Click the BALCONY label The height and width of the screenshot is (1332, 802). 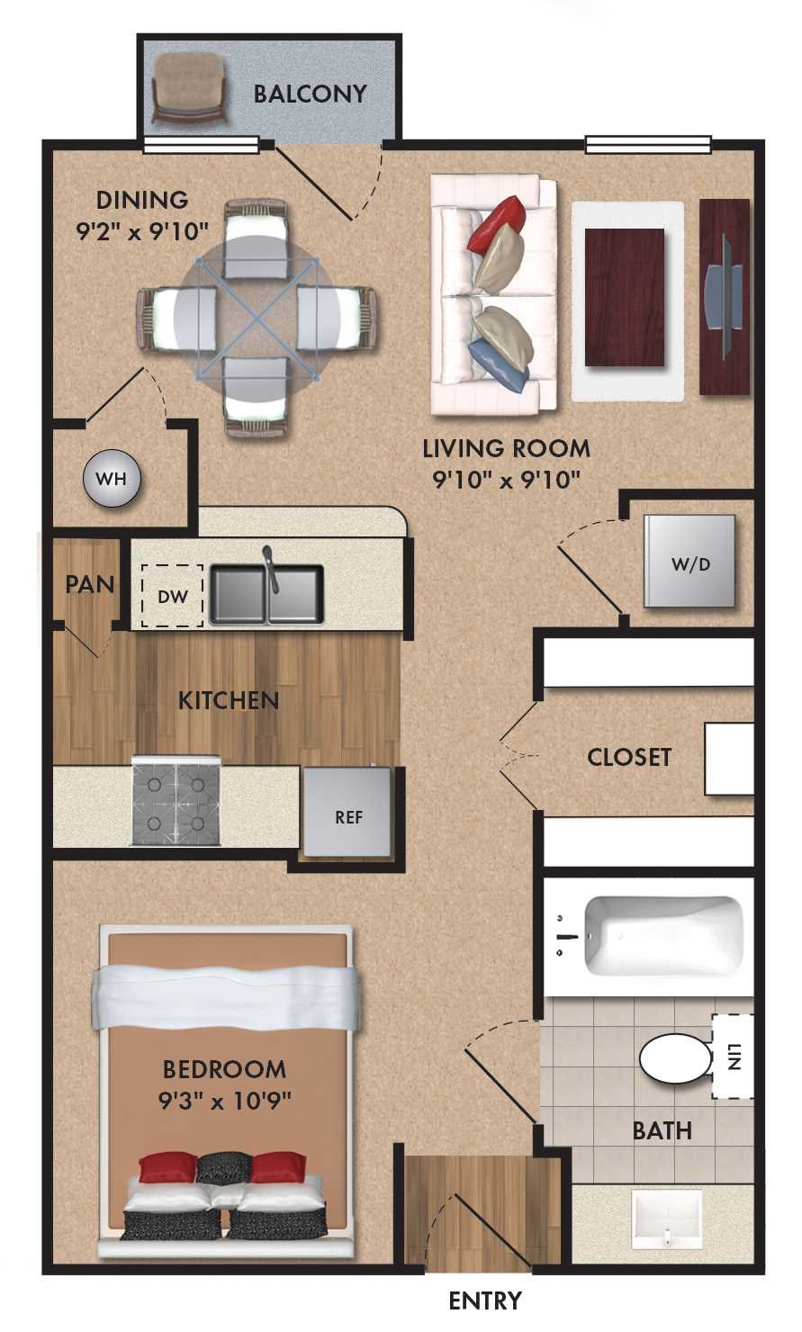310,94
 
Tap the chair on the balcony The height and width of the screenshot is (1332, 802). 189,88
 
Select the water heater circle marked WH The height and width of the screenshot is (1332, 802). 112,478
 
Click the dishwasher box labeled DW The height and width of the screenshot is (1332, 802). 172,596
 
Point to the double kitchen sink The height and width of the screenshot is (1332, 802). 266,595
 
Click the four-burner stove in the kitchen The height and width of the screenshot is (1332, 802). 176,801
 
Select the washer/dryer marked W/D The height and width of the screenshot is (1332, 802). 690,563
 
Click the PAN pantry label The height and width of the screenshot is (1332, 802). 89,584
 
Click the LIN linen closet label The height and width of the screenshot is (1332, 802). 734,1057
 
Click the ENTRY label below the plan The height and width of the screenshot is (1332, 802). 484,1300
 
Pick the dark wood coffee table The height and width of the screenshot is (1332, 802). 624,297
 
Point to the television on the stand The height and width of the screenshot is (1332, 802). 725,298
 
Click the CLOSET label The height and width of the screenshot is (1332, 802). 628,757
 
